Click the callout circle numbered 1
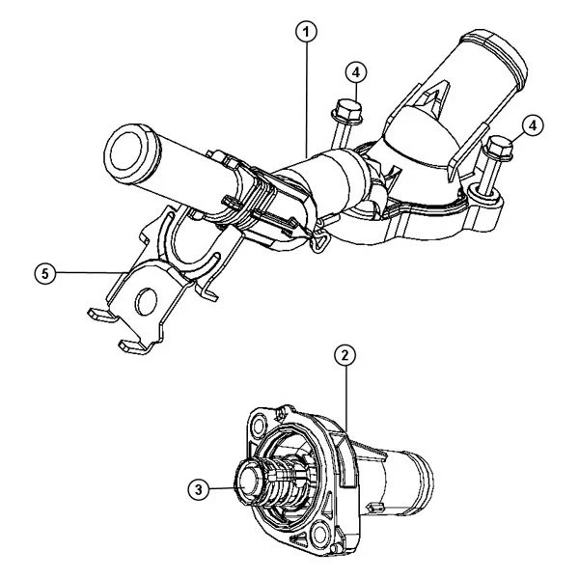click(x=307, y=32)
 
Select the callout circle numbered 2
click(x=345, y=355)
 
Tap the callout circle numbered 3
click(x=198, y=489)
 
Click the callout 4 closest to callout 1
click(x=356, y=72)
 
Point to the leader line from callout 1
click(x=307, y=96)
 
